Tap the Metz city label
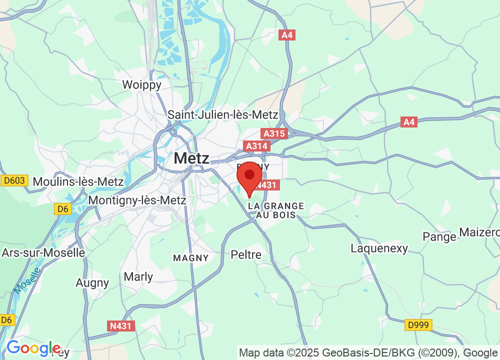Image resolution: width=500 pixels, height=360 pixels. pyautogui.click(x=191, y=158)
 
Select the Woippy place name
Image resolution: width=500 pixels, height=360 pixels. pyautogui.click(x=142, y=85)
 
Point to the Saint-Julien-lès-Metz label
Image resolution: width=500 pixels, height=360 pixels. pyautogui.click(x=223, y=114)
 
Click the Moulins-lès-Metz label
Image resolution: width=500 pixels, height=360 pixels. pyautogui.click(x=78, y=181)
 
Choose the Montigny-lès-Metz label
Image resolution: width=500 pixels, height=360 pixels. pyautogui.click(x=137, y=200)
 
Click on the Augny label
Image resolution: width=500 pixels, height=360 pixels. pyautogui.click(x=92, y=283)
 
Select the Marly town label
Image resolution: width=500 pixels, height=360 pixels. pyautogui.click(x=138, y=276)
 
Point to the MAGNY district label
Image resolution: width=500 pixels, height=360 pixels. pyautogui.click(x=190, y=258)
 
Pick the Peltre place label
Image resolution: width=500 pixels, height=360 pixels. pyautogui.click(x=246, y=255)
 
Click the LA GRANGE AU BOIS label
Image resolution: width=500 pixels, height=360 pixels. pyautogui.click(x=276, y=210)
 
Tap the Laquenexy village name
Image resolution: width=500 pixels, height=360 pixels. pyautogui.click(x=379, y=248)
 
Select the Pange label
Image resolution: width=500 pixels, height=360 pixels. pyautogui.click(x=439, y=236)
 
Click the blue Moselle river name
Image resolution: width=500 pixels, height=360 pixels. pyautogui.click(x=27, y=281)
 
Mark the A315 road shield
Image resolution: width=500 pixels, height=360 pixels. pyautogui.click(x=274, y=133)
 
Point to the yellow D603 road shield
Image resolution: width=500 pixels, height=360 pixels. pyautogui.click(x=14, y=180)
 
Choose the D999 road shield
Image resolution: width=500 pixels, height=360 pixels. pyautogui.click(x=418, y=325)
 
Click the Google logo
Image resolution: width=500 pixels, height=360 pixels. pyautogui.click(x=33, y=348)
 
